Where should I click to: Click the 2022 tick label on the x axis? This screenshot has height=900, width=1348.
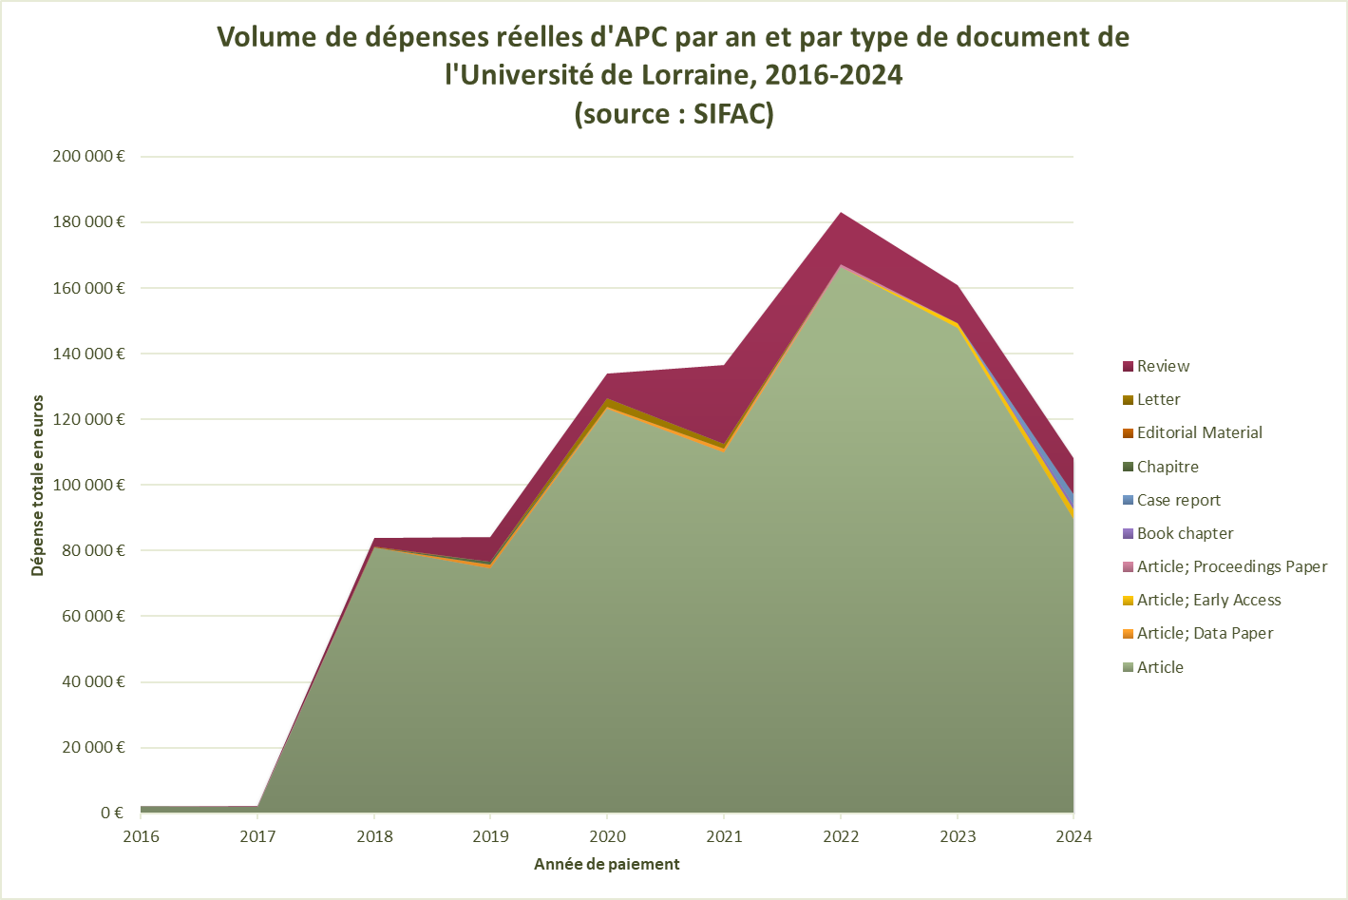(x=841, y=837)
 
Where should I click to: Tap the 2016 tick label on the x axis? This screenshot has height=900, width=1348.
(x=142, y=837)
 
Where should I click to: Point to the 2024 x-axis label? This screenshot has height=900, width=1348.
(x=1073, y=837)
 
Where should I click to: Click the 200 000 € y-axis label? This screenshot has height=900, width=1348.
(x=88, y=157)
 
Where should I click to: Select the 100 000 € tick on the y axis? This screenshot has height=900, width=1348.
(x=88, y=485)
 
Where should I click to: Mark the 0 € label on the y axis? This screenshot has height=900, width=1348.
(x=112, y=813)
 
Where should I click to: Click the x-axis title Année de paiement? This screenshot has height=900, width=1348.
(x=607, y=865)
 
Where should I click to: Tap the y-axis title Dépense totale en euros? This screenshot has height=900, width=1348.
(x=38, y=486)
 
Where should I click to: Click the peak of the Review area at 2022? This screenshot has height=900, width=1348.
(x=841, y=214)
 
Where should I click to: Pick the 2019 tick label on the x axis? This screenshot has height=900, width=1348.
(x=491, y=837)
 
